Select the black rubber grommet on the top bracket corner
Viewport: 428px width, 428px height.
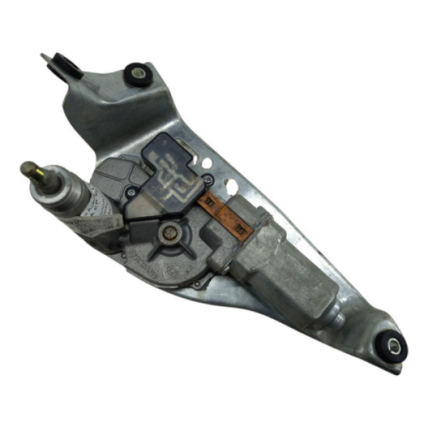[137, 73]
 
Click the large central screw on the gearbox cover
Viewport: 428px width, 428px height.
[169, 232]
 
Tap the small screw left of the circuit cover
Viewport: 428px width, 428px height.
[131, 191]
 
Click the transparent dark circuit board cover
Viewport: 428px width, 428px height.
[171, 171]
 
